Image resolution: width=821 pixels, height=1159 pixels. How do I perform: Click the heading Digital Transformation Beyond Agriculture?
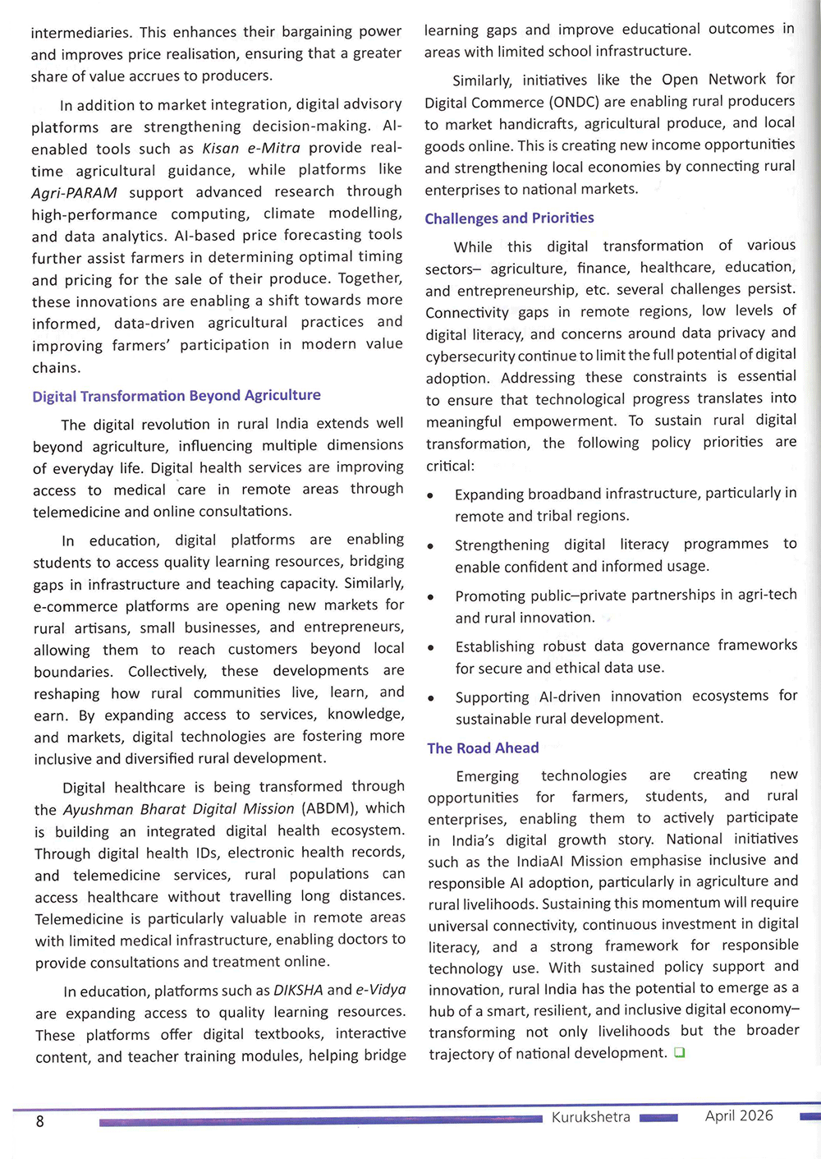pos(177,396)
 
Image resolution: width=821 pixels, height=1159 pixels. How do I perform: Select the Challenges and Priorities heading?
pos(509,218)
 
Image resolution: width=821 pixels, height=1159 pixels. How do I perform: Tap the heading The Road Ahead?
pos(483,748)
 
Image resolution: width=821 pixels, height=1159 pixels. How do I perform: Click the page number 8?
pos(39,1121)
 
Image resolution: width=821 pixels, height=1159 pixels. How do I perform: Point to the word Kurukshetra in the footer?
pos(591,1117)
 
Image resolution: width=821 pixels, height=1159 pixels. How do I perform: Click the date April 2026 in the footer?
pos(739,1115)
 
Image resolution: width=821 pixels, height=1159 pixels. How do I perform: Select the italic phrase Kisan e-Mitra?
pos(251,149)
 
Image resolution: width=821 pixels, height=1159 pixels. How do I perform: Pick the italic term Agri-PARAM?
pos(74,193)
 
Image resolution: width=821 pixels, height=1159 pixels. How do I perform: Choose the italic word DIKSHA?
pos(298,991)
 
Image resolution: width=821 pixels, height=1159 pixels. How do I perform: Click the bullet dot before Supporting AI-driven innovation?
pos(431,699)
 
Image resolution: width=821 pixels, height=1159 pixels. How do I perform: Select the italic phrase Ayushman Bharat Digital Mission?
pos(178,809)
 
